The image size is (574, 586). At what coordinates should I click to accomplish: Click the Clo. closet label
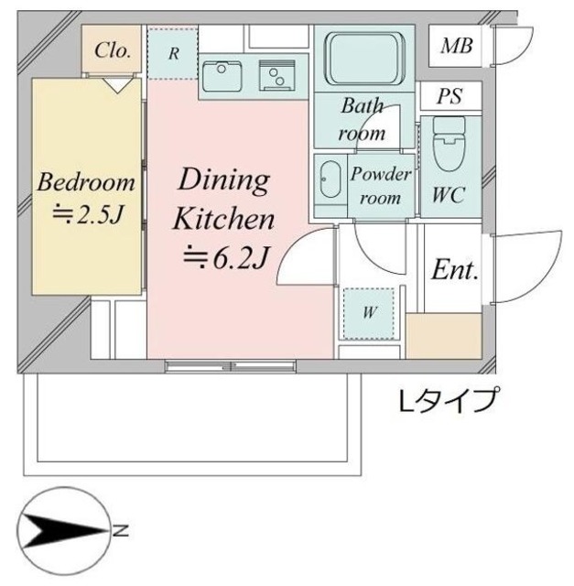(113, 51)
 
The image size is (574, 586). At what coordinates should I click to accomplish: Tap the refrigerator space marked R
(173, 52)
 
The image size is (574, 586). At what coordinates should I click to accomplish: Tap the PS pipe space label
(448, 95)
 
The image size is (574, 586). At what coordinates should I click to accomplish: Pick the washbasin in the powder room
(330, 184)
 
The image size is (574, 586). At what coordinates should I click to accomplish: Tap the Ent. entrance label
(455, 270)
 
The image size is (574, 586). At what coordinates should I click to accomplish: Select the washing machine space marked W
(370, 311)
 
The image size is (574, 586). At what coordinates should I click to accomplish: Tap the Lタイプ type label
(449, 399)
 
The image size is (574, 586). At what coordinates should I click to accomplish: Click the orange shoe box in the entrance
(443, 335)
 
